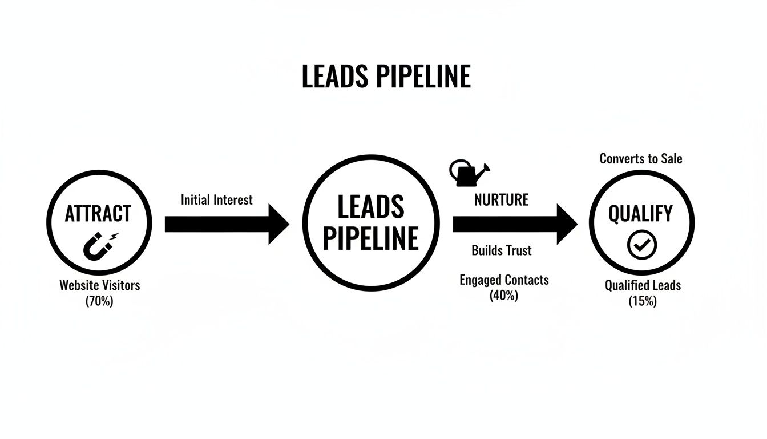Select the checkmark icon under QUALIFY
tap(642, 245)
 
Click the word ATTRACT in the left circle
tap(98, 214)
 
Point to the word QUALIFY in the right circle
tap(640, 214)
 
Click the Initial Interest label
tap(216, 200)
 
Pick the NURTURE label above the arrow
tap(501, 200)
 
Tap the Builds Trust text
tap(501, 250)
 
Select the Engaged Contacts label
tap(504, 280)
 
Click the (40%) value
tap(503, 296)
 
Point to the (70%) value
tap(99, 301)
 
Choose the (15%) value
tap(643, 301)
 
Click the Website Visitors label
tap(99, 285)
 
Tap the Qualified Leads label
tap(643, 285)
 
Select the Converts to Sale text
tap(640, 158)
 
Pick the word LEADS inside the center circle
tap(370, 207)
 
